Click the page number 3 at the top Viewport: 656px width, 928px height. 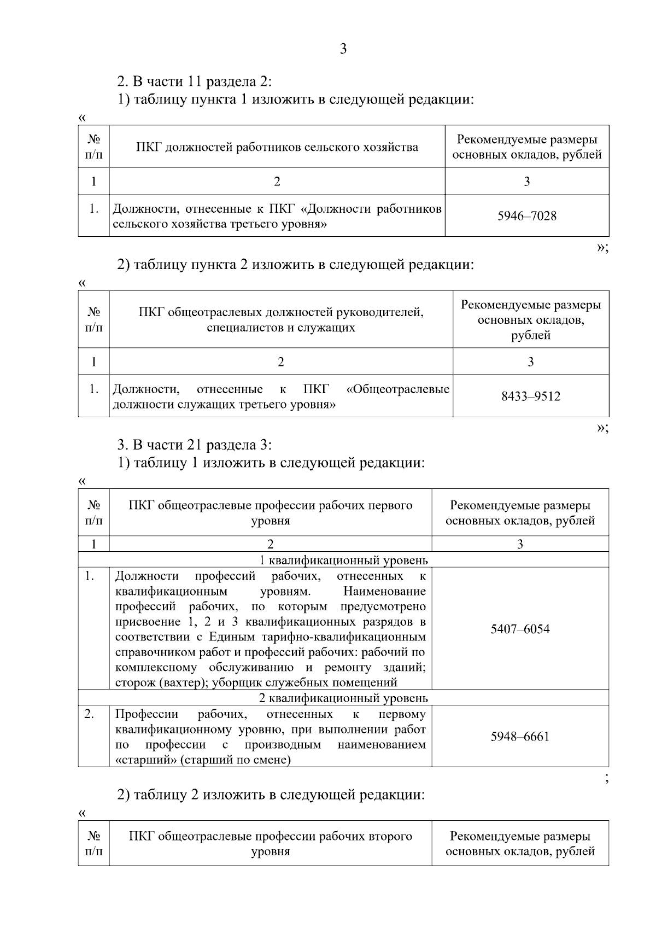click(x=343, y=49)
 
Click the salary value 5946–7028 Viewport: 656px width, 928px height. click(x=526, y=216)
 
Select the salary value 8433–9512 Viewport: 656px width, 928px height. click(x=530, y=396)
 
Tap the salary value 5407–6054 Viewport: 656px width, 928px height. click(x=520, y=629)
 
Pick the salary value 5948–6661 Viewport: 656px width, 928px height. click(x=520, y=737)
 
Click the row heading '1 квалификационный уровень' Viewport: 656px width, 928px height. click(x=343, y=560)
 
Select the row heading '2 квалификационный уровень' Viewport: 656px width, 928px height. click(x=343, y=698)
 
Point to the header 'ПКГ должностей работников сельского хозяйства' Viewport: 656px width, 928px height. click(x=277, y=147)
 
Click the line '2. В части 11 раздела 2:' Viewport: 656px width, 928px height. click(x=195, y=82)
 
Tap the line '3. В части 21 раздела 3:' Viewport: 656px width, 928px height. click(x=195, y=445)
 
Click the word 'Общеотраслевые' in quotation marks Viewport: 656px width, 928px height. click(x=398, y=389)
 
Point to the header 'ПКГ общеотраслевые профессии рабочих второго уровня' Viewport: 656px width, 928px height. click(x=270, y=844)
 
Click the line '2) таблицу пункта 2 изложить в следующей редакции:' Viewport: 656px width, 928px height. click(x=296, y=265)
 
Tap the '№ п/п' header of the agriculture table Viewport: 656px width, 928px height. click(x=93, y=147)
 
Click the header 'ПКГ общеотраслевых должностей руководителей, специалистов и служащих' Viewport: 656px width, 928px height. click(x=280, y=320)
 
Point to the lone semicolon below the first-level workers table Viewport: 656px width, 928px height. click(x=607, y=779)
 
